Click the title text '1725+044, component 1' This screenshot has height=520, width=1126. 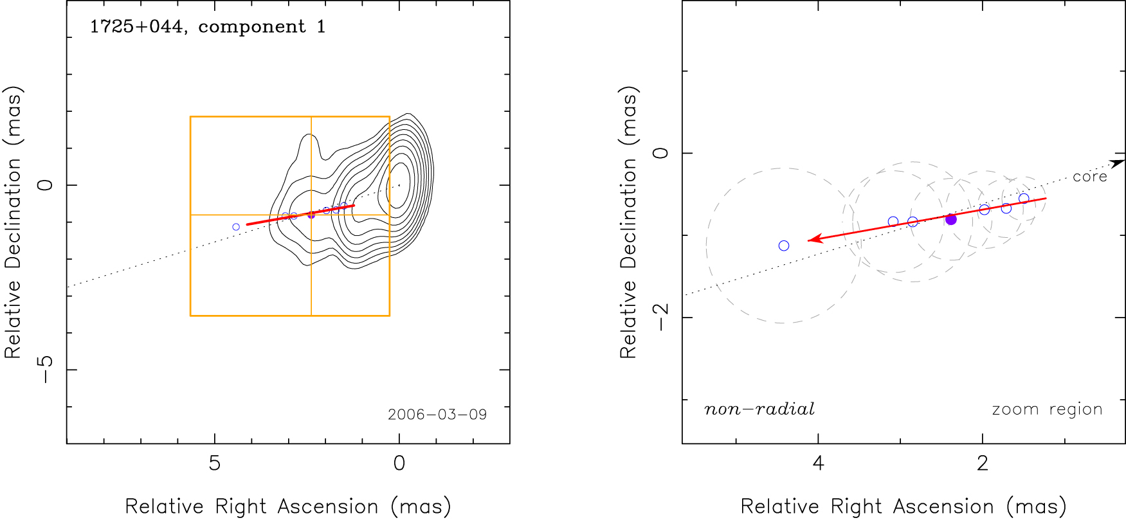[208, 27]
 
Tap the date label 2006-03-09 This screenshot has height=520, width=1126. [437, 415]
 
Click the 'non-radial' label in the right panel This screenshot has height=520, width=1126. [759, 409]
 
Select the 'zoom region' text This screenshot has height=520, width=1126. [1047, 409]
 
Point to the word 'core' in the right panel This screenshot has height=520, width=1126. [1089, 177]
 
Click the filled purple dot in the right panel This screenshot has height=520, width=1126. [951, 219]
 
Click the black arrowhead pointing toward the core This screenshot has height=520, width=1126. [1118, 163]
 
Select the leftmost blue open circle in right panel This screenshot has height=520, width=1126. [784, 246]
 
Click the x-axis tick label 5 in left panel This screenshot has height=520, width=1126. [215, 463]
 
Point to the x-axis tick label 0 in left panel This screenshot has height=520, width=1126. [399, 463]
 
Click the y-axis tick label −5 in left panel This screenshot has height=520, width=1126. [45, 370]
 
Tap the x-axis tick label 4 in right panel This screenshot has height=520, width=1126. [818, 463]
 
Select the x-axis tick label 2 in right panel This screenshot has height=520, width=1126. [982, 463]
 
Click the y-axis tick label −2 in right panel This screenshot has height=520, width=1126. [660, 317]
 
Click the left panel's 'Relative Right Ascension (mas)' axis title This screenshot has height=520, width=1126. [288, 507]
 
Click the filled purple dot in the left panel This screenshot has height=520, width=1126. [311, 214]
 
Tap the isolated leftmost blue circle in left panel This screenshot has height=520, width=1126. [236, 227]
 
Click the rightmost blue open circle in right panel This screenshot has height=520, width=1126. [1024, 199]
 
